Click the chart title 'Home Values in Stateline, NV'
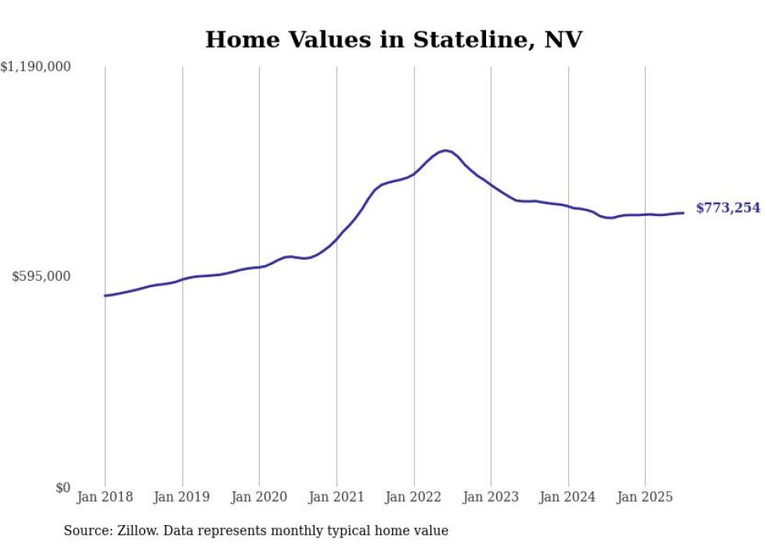pos(394,40)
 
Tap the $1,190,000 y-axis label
pos(36,68)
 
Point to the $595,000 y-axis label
pos(41,276)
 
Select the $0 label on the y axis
pos(63,488)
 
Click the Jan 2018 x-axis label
pos(105,497)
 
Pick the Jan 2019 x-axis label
pos(182,497)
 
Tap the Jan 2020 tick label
pos(259,497)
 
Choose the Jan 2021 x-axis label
pos(337,497)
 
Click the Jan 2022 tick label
pos(414,497)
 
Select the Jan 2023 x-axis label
pos(491,497)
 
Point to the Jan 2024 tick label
pos(568,497)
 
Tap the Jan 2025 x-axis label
pos(645,497)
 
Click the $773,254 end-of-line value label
pos(728,208)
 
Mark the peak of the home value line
pos(445,150)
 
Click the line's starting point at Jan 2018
pos(105,296)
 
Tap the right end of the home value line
pos(683,213)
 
